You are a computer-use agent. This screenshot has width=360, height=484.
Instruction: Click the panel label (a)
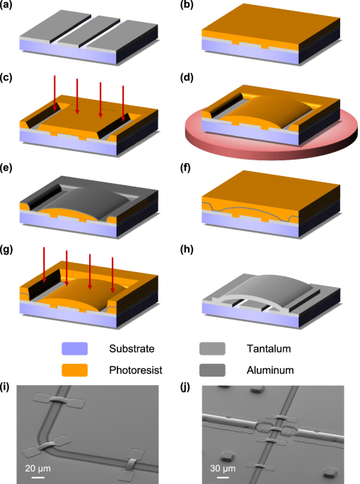tap(6, 5)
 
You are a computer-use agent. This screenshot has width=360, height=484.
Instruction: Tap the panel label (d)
tap(186, 78)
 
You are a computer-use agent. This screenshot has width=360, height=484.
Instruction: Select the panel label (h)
tap(186, 249)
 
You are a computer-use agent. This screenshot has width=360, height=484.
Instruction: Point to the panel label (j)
tap(185, 387)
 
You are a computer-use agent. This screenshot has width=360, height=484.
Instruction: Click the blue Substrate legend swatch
tap(74, 348)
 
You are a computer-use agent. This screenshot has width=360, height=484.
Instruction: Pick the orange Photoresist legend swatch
tap(74, 370)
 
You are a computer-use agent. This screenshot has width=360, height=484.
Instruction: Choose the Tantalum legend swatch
tap(212, 348)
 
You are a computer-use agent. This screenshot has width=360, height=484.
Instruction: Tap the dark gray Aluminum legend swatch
tap(212, 370)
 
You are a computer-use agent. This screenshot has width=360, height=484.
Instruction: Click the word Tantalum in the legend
tap(269, 349)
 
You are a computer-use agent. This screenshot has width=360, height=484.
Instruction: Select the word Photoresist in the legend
tap(136, 370)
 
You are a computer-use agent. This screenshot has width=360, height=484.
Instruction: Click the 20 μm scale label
tap(37, 468)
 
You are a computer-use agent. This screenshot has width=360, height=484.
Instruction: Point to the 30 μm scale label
tap(223, 468)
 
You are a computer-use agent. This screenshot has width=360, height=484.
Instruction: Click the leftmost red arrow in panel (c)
tap(54, 93)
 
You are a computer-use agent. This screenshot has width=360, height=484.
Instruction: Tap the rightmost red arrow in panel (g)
tap(112, 275)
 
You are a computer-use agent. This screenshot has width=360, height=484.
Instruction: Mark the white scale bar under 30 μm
tap(223, 478)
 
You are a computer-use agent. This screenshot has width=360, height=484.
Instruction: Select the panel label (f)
tap(185, 168)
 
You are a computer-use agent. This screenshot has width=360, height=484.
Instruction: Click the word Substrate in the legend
tap(132, 349)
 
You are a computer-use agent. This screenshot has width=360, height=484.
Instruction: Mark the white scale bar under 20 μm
tap(37, 478)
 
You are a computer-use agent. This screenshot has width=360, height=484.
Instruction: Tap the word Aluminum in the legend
tap(270, 370)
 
